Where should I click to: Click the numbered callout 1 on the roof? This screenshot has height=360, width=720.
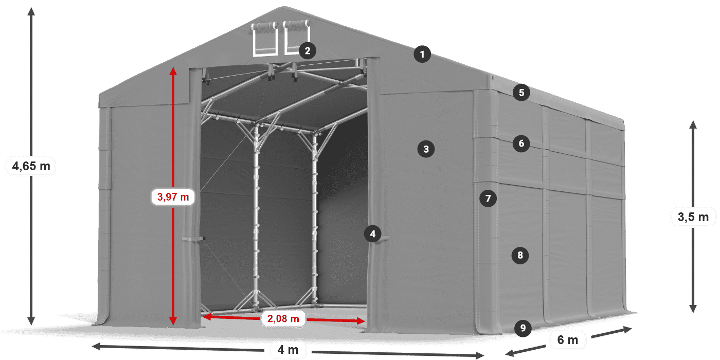422,55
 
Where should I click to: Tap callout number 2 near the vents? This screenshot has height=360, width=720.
308,51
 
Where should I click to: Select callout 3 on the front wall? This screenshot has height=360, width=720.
426,149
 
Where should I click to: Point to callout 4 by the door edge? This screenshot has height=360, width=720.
372,233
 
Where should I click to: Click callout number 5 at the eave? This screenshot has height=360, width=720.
521,93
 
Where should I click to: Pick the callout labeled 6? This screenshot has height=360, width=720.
521,143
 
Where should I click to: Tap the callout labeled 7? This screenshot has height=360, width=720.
488,199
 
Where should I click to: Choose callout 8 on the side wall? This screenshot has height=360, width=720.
520,255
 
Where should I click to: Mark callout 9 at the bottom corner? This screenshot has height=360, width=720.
523,328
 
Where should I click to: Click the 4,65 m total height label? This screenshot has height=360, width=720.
31,166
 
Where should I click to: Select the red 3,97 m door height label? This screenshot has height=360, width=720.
173,196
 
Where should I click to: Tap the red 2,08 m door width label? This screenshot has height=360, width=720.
283,318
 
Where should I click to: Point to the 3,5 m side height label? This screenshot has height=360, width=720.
693,217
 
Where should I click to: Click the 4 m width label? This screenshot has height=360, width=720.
287,349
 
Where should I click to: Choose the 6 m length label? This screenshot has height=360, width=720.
568,340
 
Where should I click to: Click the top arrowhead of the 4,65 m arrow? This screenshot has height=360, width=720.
31,11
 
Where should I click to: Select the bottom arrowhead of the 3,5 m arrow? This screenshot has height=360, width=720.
693,309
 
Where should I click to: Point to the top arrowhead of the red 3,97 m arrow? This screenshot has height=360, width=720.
173,71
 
